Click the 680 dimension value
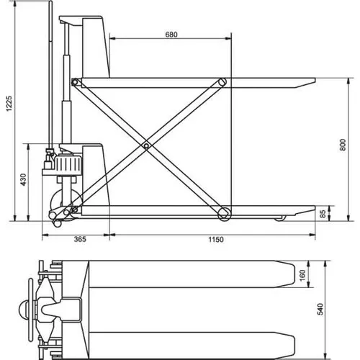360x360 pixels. tap(171, 35)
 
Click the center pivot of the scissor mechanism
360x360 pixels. tap(146, 146)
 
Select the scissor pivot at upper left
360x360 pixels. tap(75, 84)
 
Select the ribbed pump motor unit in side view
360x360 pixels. tap(70, 165)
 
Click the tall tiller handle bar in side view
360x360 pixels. tap(50, 79)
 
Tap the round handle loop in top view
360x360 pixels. tap(27, 311)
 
